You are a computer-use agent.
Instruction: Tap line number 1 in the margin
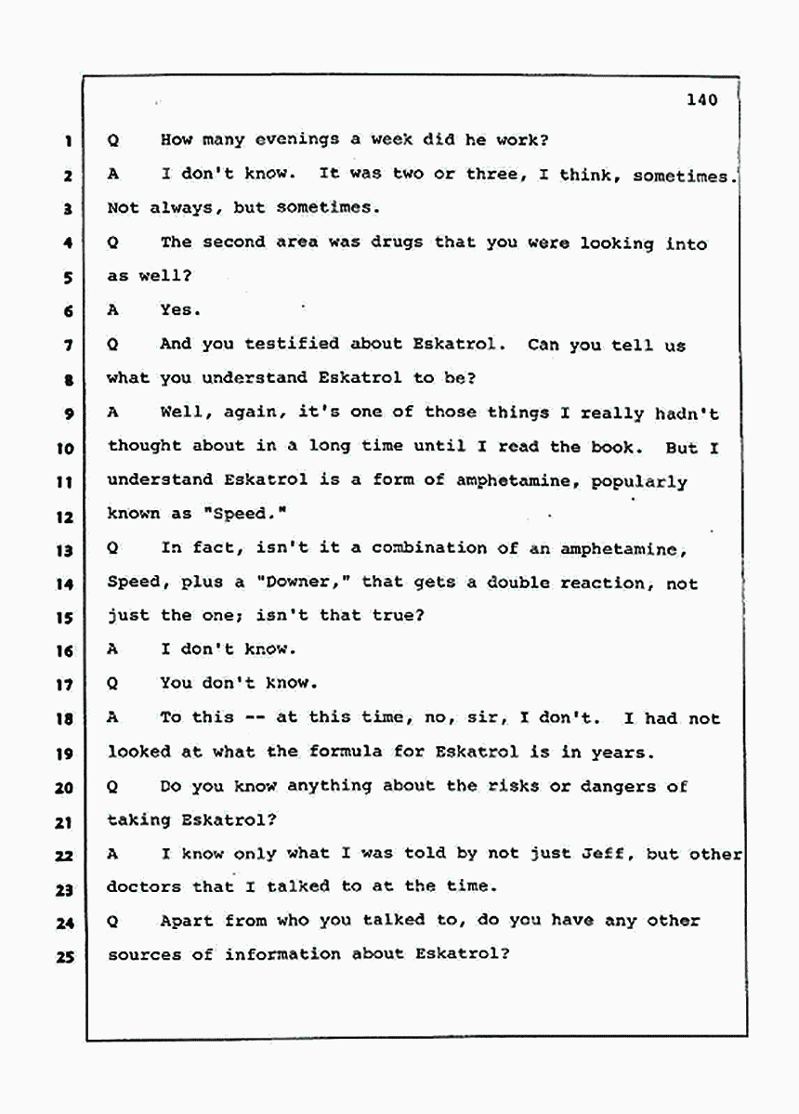click(69, 141)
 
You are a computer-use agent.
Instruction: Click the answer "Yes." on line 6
click(179, 310)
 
